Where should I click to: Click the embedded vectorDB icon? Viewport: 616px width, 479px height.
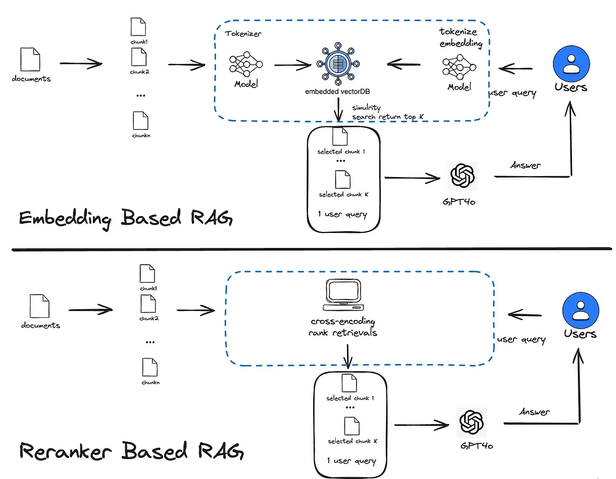[337, 64]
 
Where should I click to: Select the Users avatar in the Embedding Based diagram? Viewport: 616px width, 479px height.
[571, 64]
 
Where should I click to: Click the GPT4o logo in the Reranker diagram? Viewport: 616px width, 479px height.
[472, 422]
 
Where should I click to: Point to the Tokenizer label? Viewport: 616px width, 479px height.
[243, 34]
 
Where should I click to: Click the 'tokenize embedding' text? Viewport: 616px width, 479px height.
[460, 38]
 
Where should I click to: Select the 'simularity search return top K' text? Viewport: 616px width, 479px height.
[387, 113]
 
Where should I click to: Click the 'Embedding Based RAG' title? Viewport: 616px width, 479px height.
[126, 218]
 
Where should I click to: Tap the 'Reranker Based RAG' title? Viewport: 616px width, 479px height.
[131, 451]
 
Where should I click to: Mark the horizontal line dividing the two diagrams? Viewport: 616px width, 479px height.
[311, 249]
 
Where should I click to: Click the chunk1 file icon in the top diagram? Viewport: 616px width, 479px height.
[138, 27]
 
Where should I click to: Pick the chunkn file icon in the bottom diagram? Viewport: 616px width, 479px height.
[150, 367]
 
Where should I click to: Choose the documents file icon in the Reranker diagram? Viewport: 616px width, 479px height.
[39, 306]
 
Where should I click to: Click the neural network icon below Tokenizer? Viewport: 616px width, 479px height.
[246, 64]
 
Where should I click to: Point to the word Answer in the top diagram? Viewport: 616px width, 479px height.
[525, 166]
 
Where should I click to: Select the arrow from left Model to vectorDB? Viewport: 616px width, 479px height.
[293, 65]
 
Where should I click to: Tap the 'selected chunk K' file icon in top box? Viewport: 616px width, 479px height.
[342, 179]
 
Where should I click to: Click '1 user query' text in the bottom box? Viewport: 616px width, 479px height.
[352, 461]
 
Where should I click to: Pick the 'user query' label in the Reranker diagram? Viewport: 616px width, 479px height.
[521, 340]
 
